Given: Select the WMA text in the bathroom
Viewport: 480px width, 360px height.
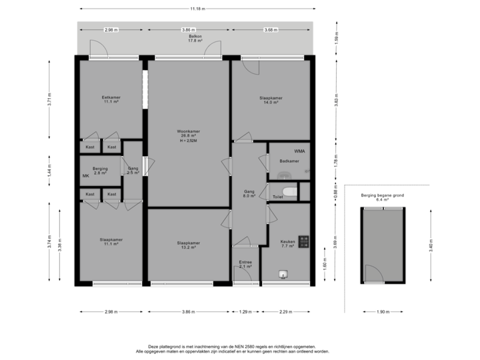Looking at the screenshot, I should (x=299, y=151).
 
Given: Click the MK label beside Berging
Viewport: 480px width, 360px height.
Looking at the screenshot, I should (x=85, y=175).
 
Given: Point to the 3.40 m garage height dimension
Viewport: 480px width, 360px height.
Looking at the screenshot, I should (x=431, y=246).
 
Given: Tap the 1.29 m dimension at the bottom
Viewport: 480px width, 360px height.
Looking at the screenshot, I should (x=246, y=311).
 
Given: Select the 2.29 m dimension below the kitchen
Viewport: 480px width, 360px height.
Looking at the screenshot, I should (x=285, y=311).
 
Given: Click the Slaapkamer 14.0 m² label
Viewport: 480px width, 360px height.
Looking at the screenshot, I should (x=271, y=100).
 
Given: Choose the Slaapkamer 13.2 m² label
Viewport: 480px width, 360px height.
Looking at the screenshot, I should (x=189, y=245).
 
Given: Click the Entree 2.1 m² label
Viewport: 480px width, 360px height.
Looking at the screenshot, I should (x=245, y=265).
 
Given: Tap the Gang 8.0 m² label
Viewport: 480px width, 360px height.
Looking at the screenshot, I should (x=250, y=193).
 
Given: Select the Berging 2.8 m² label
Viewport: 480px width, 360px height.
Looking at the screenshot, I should (x=100, y=171).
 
